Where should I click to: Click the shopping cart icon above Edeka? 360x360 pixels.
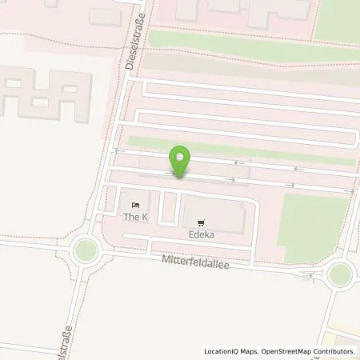point(201,224)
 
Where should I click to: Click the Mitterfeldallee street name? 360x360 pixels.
point(196,262)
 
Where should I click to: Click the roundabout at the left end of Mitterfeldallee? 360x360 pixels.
point(84,251)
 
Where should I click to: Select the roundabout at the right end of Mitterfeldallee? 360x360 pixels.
point(339,274)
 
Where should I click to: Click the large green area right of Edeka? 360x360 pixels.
point(316,228)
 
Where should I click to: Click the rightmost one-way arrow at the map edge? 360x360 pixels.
point(349,192)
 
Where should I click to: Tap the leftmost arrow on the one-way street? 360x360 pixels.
point(119,150)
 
